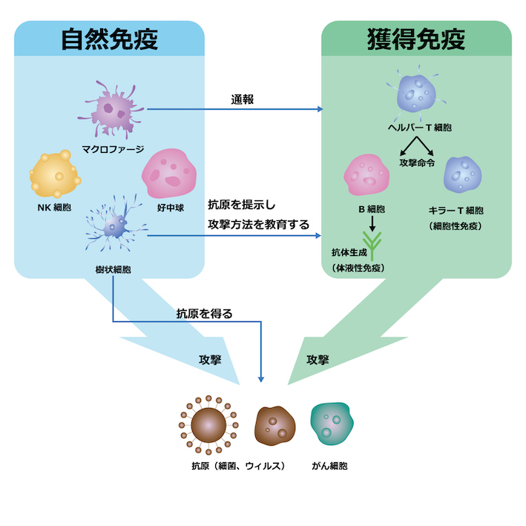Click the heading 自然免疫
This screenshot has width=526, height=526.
[x=110, y=41]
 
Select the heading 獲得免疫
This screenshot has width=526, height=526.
[x=415, y=41]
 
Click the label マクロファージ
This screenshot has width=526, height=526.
[x=113, y=148]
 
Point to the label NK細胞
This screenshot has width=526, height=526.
[x=53, y=209]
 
